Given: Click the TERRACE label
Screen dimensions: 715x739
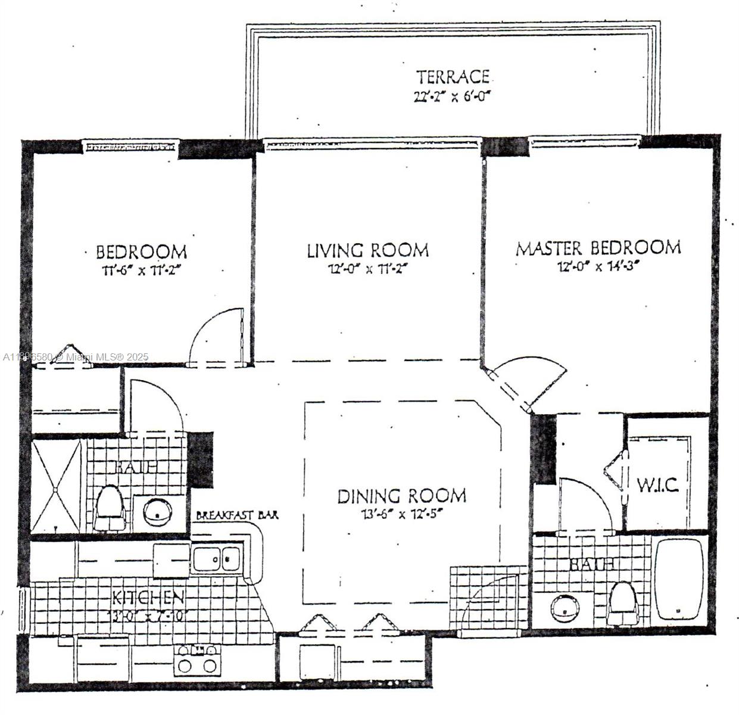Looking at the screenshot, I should tap(453, 77).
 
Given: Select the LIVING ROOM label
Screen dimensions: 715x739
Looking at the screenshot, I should tap(367, 250).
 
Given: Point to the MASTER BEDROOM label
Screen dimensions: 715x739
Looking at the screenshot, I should tap(598, 247).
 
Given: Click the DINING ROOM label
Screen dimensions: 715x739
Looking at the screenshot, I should tap(402, 496).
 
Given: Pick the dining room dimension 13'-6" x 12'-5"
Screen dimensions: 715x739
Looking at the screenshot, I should tap(402, 514).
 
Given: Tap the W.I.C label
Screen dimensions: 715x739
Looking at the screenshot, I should tap(657, 485).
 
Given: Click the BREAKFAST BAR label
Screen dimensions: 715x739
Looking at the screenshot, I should tap(237, 515).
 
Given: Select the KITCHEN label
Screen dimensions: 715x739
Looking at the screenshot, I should tap(148, 597).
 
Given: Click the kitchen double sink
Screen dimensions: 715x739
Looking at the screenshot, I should tap(216, 559).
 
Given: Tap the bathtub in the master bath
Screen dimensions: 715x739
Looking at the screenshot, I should tap(679, 581).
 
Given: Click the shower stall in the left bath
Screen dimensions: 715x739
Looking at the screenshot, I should tap(55, 486).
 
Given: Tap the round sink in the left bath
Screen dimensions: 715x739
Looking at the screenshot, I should tap(157, 511).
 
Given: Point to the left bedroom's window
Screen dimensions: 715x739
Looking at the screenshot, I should tap(129, 145).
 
